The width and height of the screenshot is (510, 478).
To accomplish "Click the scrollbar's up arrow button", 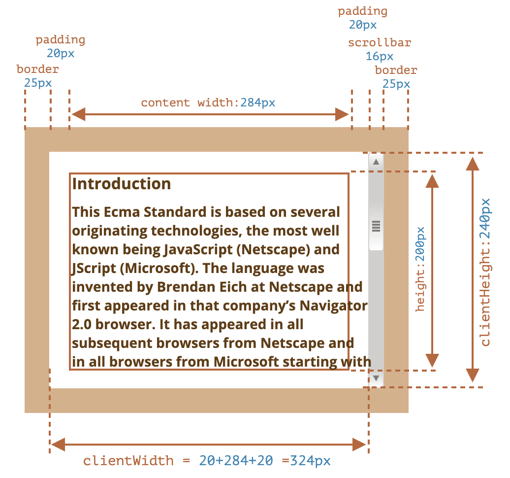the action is click(376, 162).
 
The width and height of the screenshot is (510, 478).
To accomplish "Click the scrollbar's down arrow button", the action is click(376, 378).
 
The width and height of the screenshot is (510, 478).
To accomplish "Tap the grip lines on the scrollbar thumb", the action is click(376, 226).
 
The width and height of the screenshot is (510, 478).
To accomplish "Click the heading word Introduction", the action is click(121, 184).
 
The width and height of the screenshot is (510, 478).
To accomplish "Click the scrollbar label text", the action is click(380, 43).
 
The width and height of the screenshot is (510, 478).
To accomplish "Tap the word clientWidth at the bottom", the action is click(128, 461).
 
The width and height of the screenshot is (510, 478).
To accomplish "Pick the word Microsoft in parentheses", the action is click(159, 269).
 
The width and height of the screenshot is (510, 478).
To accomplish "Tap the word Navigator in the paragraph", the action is click(333, 306).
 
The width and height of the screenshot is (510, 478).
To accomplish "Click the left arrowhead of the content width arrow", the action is click(78, 114).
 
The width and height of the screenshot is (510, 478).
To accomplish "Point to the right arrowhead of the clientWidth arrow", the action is click(359, 444).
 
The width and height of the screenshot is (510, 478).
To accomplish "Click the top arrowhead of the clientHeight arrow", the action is click(473, 164).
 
